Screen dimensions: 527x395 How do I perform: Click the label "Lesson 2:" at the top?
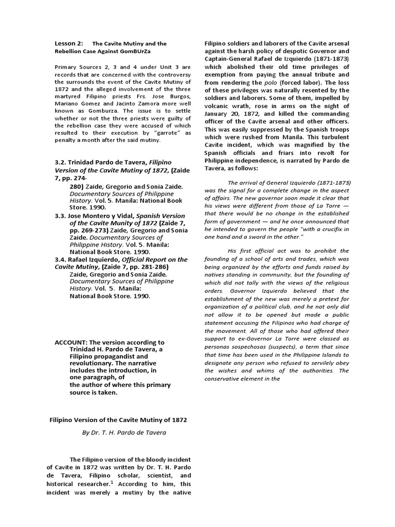[69, 44]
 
